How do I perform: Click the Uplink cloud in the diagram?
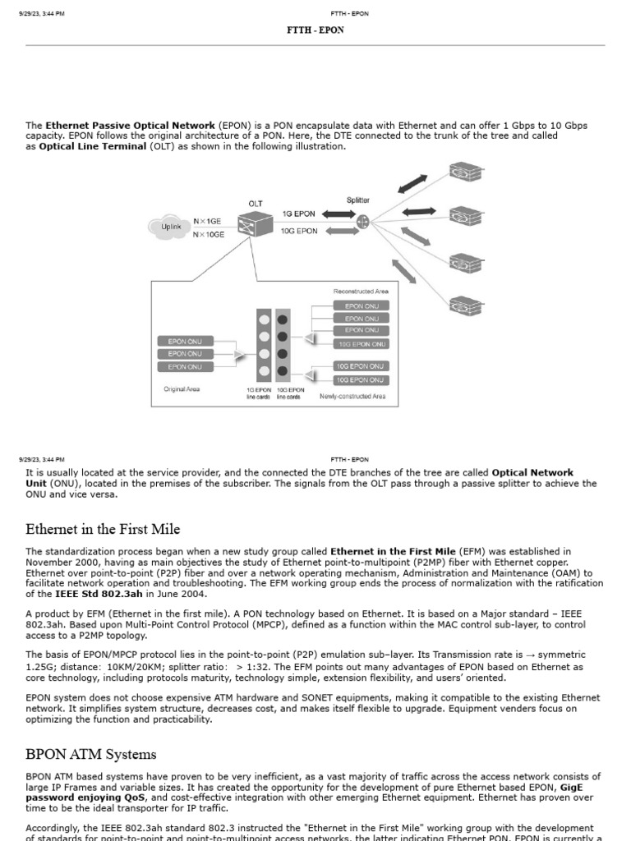tap(170, 227)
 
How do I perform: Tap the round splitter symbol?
tap(362, 222)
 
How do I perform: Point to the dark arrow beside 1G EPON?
tap(338, 214)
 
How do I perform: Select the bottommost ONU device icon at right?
tap(464, 306)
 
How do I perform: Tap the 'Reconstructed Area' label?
tap(361, 291)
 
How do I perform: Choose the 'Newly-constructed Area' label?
tap(352, 396)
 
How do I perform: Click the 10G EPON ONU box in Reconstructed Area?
tap(362, 343)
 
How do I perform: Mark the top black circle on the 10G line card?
tap(283, 319)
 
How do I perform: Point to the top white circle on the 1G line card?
tap(263, 319)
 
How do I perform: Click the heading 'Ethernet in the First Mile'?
tap(103, 529)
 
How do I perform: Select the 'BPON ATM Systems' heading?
tap(90, 754)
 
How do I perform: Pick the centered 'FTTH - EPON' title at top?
tap(315, 30)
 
